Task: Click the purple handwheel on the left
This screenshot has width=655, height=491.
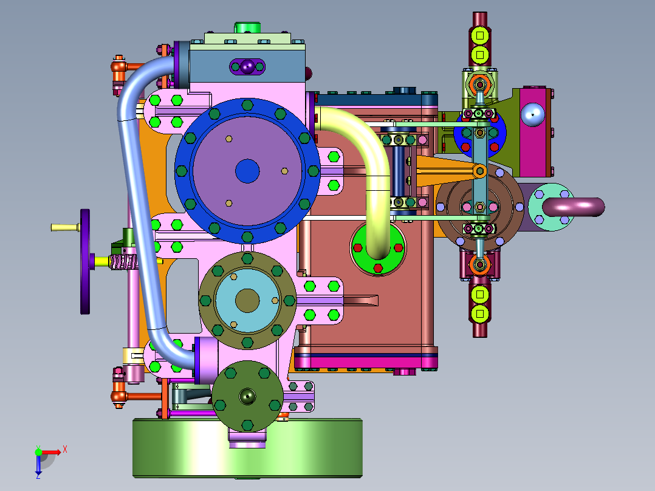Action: [85, 261]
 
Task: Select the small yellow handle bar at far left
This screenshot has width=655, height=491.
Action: [65, 227]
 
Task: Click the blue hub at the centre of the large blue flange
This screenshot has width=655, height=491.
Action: [247, 171]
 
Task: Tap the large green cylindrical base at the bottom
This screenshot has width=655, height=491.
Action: [247, 448]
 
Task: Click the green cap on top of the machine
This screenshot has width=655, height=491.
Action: [247, 27]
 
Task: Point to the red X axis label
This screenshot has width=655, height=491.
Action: [65, 450]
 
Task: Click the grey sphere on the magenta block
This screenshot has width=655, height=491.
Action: [533, 114]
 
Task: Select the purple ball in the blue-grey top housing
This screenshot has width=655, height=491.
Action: [247, 66]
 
